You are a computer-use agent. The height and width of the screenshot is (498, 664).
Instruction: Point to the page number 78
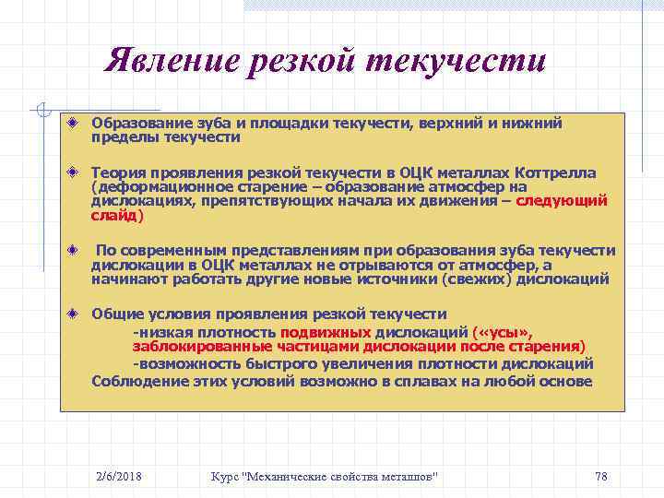(601, 476)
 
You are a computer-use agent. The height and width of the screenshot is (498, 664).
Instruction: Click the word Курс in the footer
(226, 476)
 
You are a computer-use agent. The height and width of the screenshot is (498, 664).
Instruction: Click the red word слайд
(114, 215)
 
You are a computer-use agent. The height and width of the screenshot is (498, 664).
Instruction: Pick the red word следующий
(562, 200)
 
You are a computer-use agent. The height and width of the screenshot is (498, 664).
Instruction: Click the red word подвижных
(326, 332)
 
